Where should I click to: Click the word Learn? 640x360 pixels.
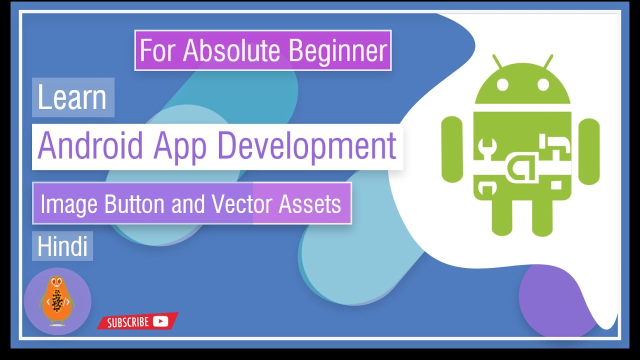pos(72,98)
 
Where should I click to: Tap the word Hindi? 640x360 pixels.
pos(62,247)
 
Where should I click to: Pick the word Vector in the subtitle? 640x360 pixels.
pos(242,204)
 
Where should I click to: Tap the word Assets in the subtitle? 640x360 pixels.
pos(310,204)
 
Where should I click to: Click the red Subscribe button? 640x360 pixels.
pos(137,321)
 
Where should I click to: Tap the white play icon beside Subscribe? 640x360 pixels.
pos(160,321)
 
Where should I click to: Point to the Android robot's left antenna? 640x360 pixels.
pos(497,62)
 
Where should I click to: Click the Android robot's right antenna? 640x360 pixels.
pos(548,62)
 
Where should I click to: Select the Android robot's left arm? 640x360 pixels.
pos(452,150)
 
